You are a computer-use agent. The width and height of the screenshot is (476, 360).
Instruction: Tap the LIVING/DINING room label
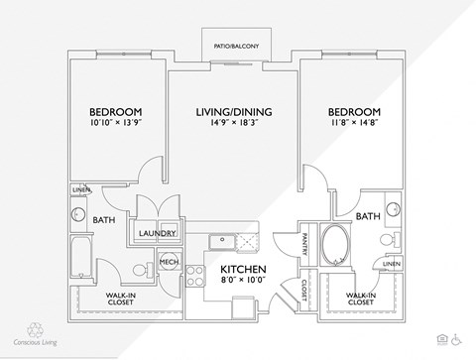[x=234, y=111]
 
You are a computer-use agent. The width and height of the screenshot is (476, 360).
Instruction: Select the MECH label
[x=168, y=262]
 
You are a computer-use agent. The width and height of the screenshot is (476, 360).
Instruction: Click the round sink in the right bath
[x=394, y=209]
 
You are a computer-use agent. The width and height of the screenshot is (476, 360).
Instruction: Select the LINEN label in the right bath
[x=392, y=263]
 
